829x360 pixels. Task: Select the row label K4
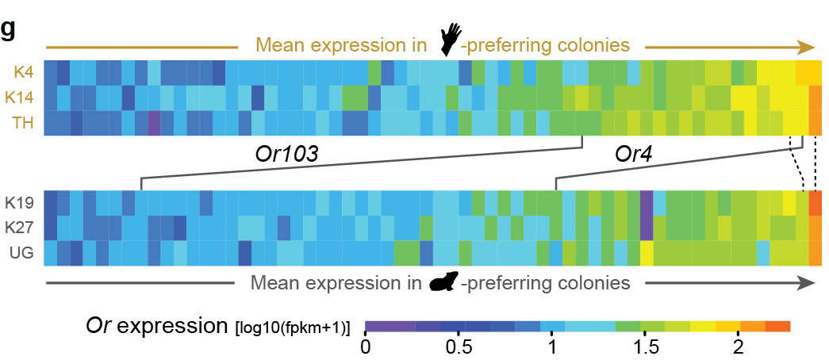(x=21, y=73)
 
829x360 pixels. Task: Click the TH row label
(x=21, y=124)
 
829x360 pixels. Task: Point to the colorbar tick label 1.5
(x=644, y=347)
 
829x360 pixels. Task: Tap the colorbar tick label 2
(x=737, y=347)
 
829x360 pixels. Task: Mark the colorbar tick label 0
(x=366, y=347)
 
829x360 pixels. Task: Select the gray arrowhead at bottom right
(x=808, y=281)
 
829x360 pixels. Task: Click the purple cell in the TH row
(x=154, y=124)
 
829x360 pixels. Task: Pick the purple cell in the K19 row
(x=646, y=201)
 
